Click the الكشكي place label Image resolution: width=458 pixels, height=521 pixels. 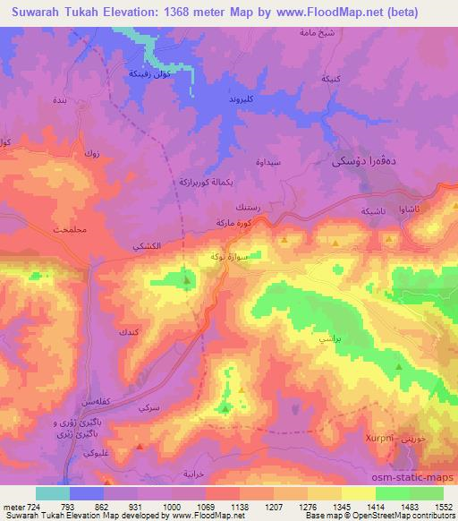point(146,245)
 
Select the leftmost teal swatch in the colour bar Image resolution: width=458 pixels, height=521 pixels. point(53,493)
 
